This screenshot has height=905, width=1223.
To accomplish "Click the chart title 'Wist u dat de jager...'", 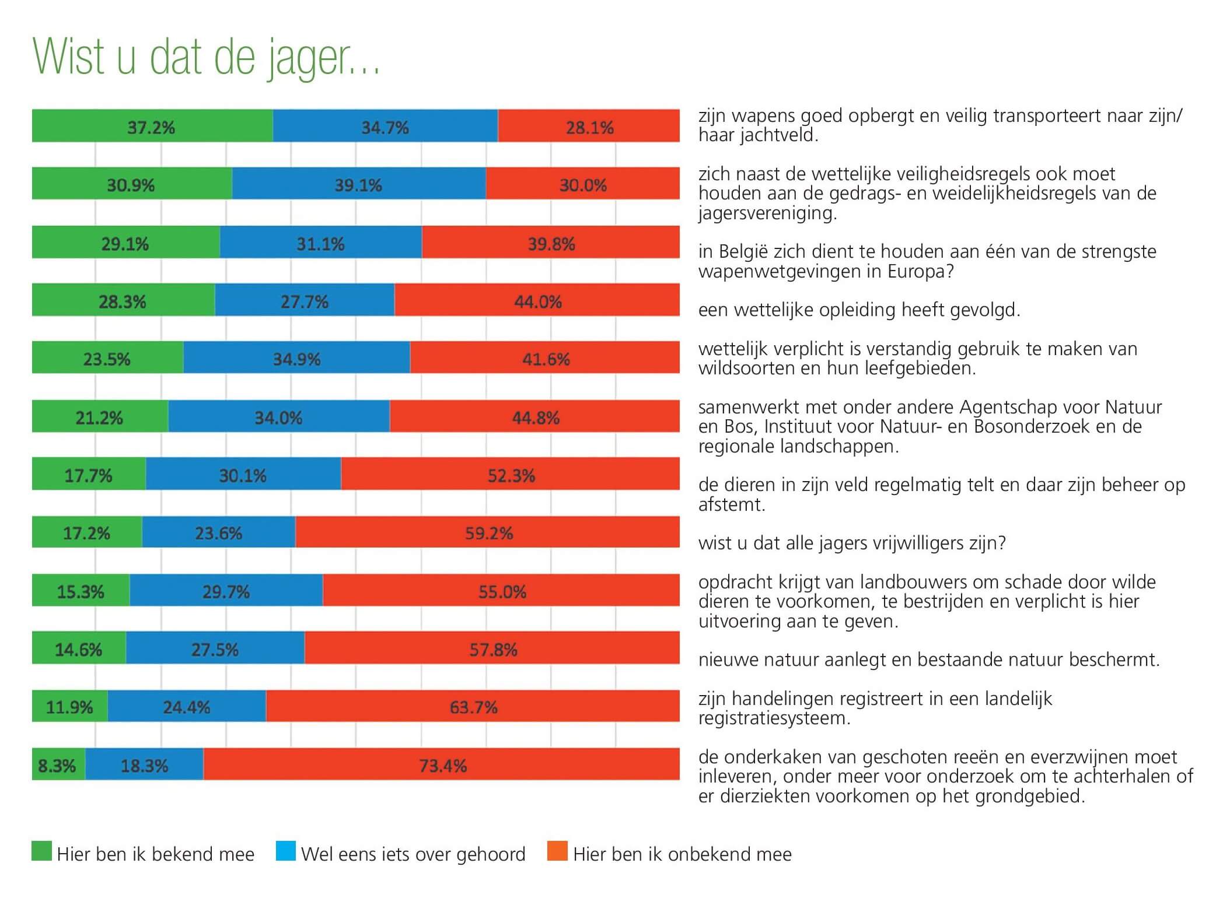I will click(x=206, y=57).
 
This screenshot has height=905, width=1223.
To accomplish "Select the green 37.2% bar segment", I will click(x=152, y=126).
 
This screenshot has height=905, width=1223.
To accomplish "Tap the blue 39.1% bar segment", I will click(x=358, y=184).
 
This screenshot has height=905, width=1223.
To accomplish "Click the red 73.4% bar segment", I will click(x=442, y=764).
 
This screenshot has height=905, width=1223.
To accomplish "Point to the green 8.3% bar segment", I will click(x=58, y=764).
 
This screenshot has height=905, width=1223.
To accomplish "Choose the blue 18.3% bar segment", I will click(x=144, y=764).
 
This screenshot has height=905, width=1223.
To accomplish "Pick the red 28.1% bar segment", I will click(x=589, y=126).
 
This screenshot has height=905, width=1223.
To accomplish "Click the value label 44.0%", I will click(x=537, y=301).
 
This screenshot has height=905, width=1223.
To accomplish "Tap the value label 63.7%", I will click(x=473, y=707).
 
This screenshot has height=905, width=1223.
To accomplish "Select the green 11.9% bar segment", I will click(x=69, y=706).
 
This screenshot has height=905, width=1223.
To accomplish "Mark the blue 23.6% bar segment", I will click(x=218, y=532).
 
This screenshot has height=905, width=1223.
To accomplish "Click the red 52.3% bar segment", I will click(x=511, y=474).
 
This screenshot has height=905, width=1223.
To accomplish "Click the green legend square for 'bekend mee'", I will click(x=41, y=851).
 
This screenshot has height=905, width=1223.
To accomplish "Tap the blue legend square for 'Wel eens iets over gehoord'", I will click(x=285, y=851).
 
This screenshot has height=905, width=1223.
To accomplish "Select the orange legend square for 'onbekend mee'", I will click(x=557, y=851).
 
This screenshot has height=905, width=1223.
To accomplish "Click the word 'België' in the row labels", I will click(x=743, y=251).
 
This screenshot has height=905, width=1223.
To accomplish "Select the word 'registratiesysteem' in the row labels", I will click(x=774, y=718).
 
